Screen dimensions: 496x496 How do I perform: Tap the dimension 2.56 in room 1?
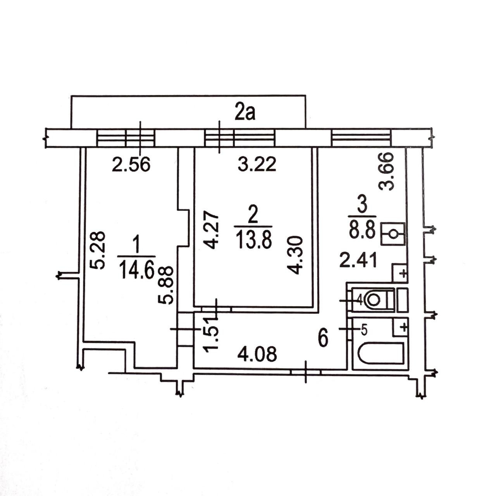tap(131, 164)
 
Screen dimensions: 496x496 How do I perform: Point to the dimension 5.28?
tap(98, 250)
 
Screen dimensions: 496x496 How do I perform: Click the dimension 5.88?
tap(165, 286)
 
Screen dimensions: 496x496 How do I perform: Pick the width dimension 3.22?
tap(257, 164)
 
